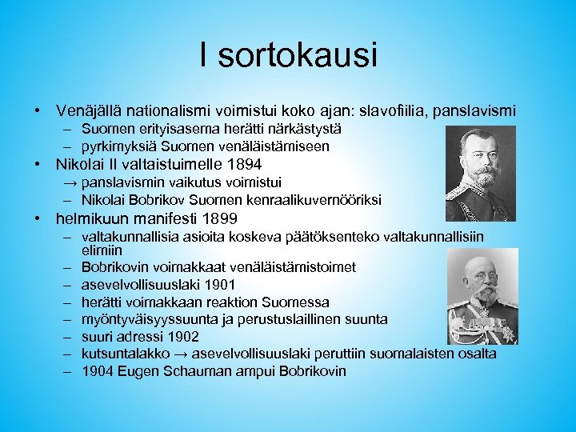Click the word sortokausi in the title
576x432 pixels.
298,57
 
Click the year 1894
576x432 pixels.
244,165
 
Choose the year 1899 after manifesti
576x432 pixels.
221,218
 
